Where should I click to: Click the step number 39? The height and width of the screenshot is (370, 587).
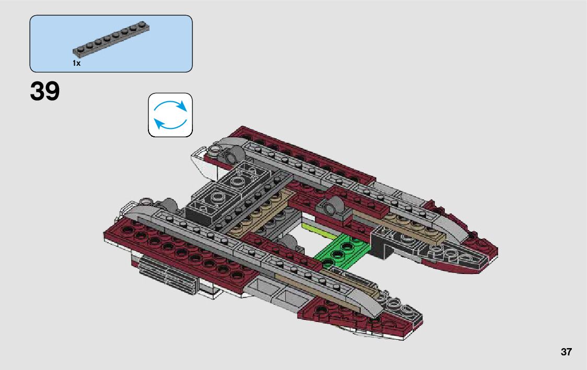45,92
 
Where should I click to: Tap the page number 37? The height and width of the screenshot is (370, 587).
566,352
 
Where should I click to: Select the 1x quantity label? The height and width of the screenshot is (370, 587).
76,63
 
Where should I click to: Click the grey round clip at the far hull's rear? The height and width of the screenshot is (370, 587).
233,154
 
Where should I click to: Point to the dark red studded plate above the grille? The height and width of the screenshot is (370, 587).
172,245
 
